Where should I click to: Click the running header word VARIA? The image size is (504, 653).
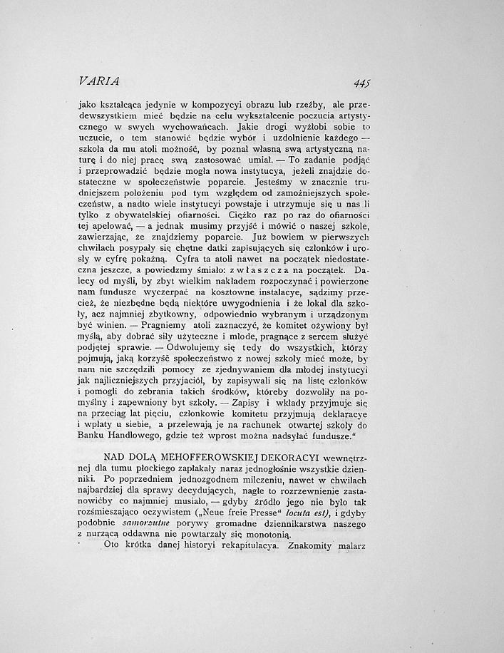99,80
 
